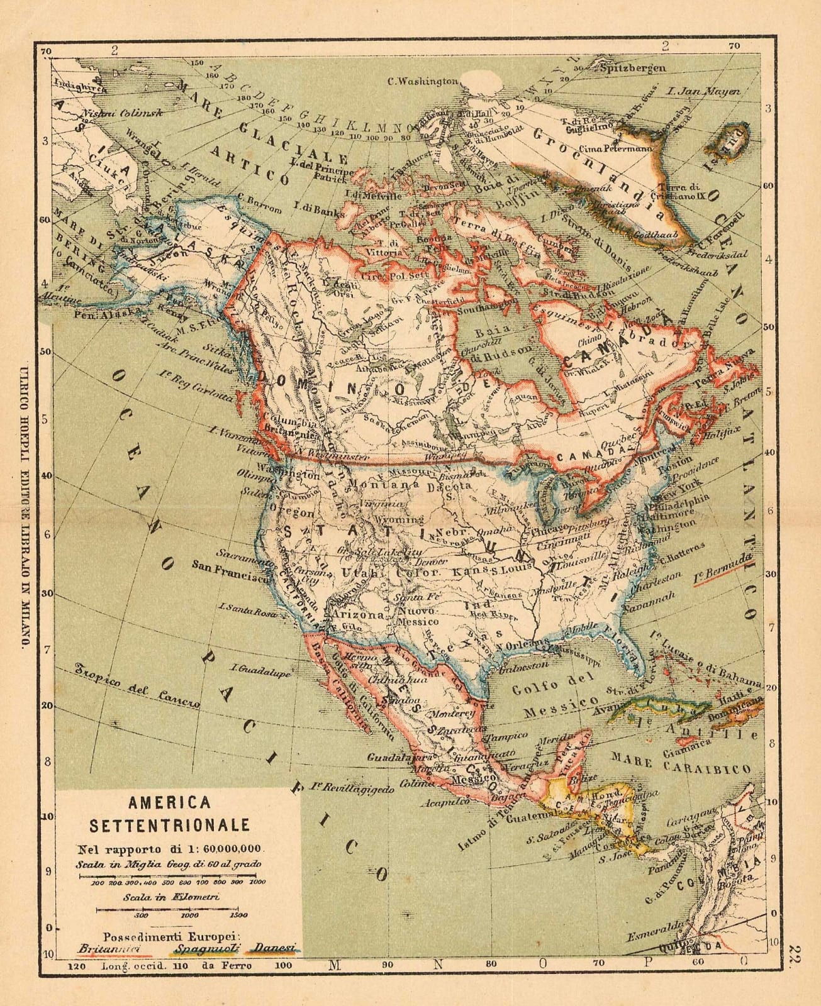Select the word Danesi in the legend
click(276, 948)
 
